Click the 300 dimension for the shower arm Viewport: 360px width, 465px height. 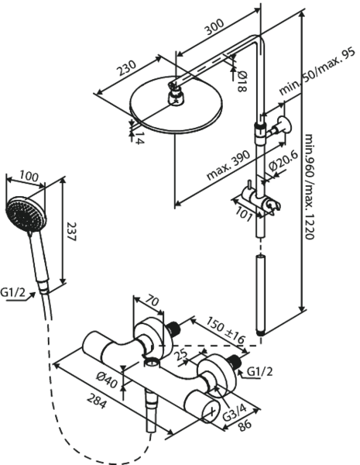pos(214,27)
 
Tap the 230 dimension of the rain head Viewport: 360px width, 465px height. pos(127,68)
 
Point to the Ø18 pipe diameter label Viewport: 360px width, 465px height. pos(242,81)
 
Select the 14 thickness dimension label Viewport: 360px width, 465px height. pos(139,138)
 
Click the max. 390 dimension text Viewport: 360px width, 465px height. pos(228,165)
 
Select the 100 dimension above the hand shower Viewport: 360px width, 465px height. pos(29,176)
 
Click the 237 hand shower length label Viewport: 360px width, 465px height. pos(71,232)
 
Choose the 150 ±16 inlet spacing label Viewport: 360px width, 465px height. pos(226,329)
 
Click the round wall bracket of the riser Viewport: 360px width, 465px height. pos(284,125)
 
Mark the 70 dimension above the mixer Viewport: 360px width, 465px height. pos(153,302)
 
